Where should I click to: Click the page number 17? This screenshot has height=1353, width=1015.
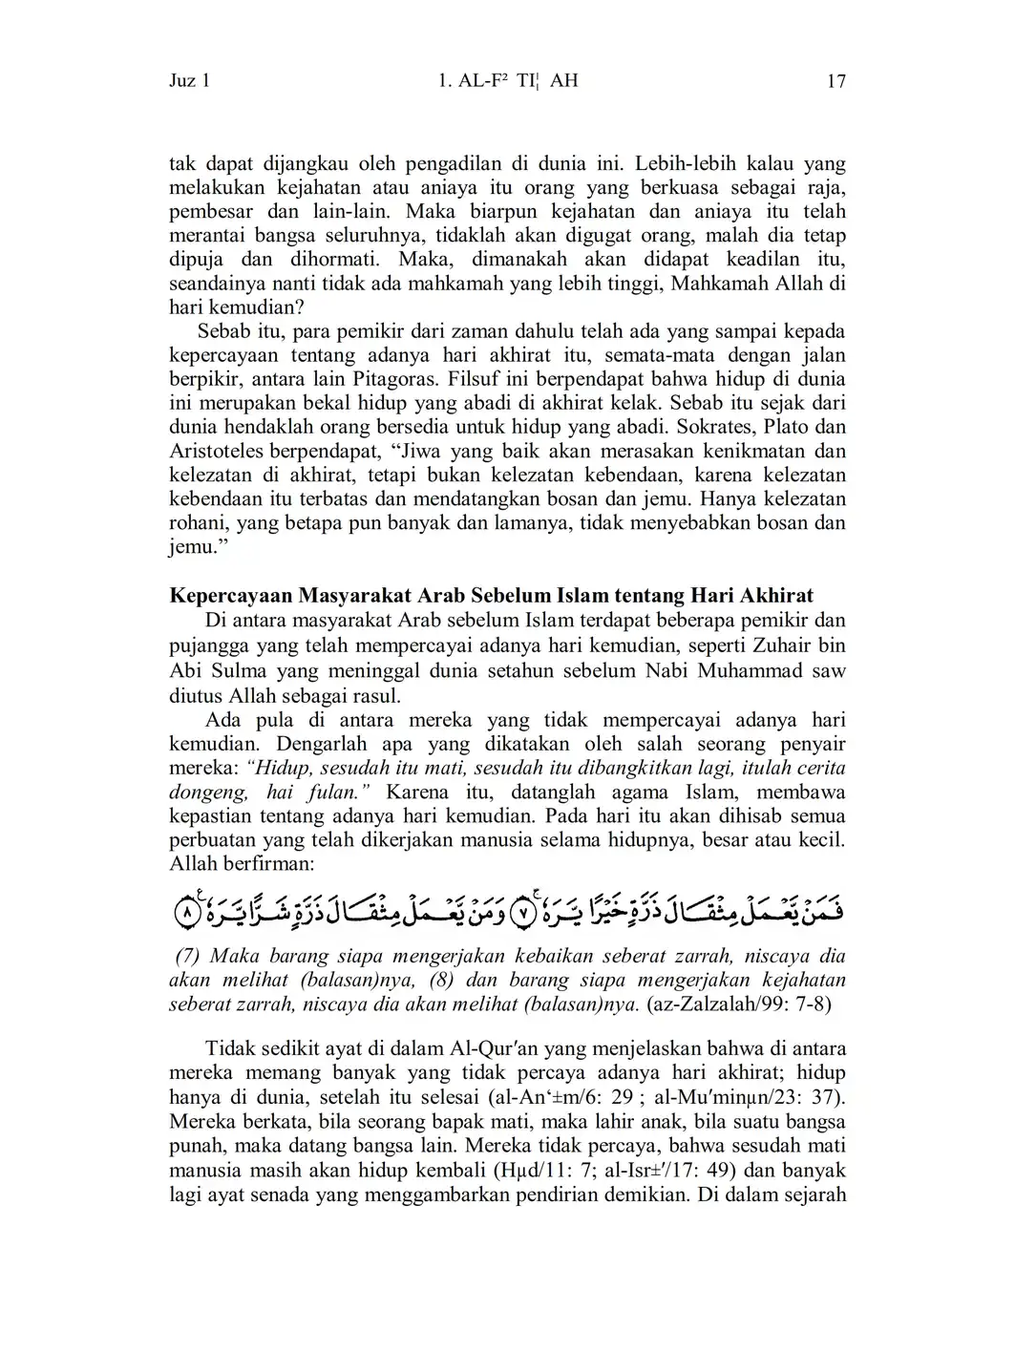click(835, 81)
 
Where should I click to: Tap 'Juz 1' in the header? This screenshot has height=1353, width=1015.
click(189, 81)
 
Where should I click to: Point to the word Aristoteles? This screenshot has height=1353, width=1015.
click(217, 451)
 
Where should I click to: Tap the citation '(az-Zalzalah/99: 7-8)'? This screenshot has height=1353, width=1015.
click(739, 1004)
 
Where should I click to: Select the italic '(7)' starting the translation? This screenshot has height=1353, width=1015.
click(188, 956)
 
